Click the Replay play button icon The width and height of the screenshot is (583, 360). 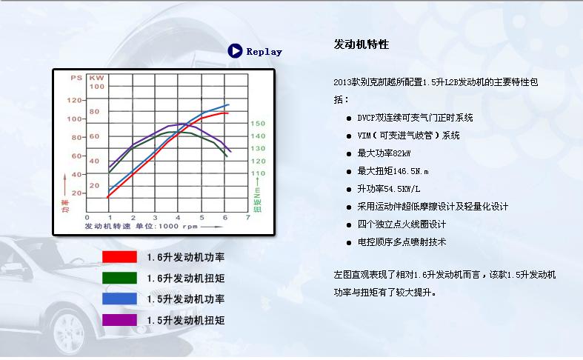236,51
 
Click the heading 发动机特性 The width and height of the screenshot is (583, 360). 361,44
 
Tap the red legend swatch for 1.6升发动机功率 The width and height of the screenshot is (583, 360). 119,257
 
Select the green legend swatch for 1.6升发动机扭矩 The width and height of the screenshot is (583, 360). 119,278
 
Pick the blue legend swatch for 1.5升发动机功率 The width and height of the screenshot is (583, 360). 119,299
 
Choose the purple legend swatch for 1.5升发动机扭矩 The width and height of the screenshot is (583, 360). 119,320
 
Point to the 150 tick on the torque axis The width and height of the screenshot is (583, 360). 257,124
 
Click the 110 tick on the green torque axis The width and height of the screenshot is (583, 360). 257,173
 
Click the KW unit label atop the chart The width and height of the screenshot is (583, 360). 96,77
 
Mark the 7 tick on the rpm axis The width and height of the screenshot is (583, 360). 247,217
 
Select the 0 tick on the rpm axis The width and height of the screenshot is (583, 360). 109,217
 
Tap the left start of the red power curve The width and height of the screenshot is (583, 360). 109,196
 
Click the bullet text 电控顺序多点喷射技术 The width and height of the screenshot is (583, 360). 402,242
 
